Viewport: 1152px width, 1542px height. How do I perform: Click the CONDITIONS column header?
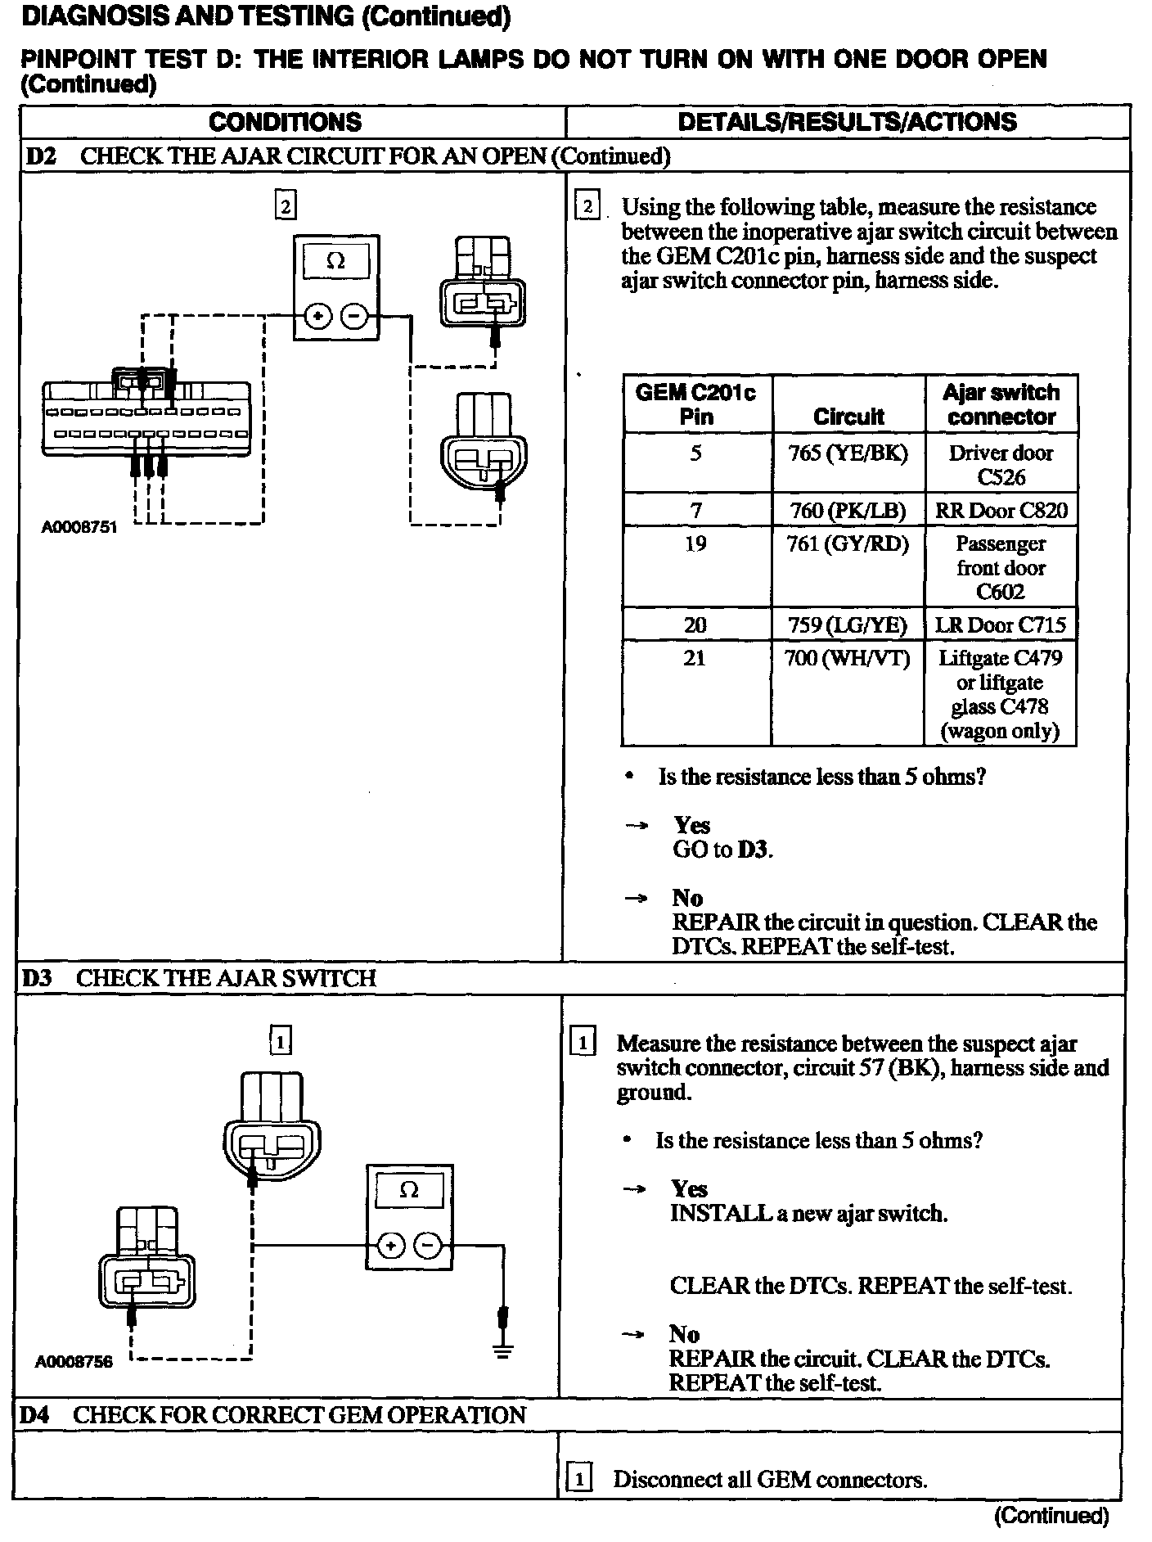285,123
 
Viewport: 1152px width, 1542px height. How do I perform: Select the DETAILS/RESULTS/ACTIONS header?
847,123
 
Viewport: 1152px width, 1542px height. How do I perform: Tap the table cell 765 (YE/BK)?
848,453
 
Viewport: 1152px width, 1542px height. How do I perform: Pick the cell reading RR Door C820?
1001,511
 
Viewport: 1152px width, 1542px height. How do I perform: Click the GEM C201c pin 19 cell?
695,544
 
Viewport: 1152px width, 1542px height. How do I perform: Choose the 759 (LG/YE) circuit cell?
848,626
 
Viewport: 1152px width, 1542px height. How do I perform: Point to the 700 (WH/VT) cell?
848,659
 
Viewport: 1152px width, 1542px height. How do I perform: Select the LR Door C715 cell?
1001,626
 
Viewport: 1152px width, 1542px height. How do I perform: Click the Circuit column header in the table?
848,417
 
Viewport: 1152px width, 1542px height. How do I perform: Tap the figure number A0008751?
79,528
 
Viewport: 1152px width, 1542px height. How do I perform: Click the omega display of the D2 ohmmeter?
335,261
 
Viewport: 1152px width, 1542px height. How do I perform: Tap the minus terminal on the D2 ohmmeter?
354,315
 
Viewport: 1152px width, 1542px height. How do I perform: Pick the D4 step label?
35,1415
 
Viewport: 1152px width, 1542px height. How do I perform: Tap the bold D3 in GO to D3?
754,850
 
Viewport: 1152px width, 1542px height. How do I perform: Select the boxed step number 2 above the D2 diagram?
286,206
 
